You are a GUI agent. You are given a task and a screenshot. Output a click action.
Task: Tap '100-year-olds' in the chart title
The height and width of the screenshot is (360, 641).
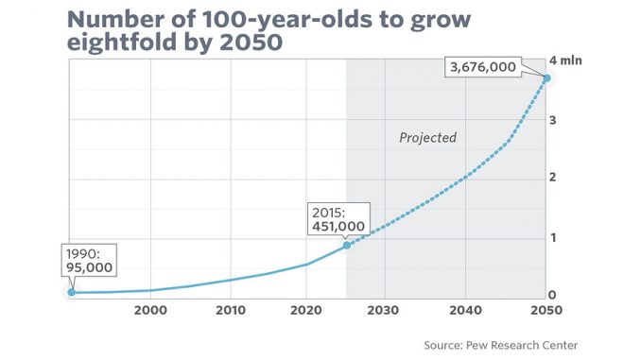pyautogui.click(x=223, y=16)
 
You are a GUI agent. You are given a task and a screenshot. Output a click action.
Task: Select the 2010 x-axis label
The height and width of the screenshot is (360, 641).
pyautogui.click(x=228, y=310)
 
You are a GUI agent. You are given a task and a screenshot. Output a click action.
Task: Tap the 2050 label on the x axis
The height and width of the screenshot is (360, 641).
pyautogui.click(x=540, y=310)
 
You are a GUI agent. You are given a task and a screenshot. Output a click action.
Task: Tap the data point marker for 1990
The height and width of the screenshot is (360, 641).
pyautogui.click(x=71, y=292)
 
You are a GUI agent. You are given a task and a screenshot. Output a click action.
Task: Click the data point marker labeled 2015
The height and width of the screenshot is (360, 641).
pyautogui.click(x=346, y=245)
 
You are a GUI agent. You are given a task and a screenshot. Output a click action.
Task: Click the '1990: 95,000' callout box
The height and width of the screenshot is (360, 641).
pyautogui.click(x=90, y=262)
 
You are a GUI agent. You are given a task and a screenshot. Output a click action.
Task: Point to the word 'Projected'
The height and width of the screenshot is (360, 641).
pyautogui.click(x=426, y=138)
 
